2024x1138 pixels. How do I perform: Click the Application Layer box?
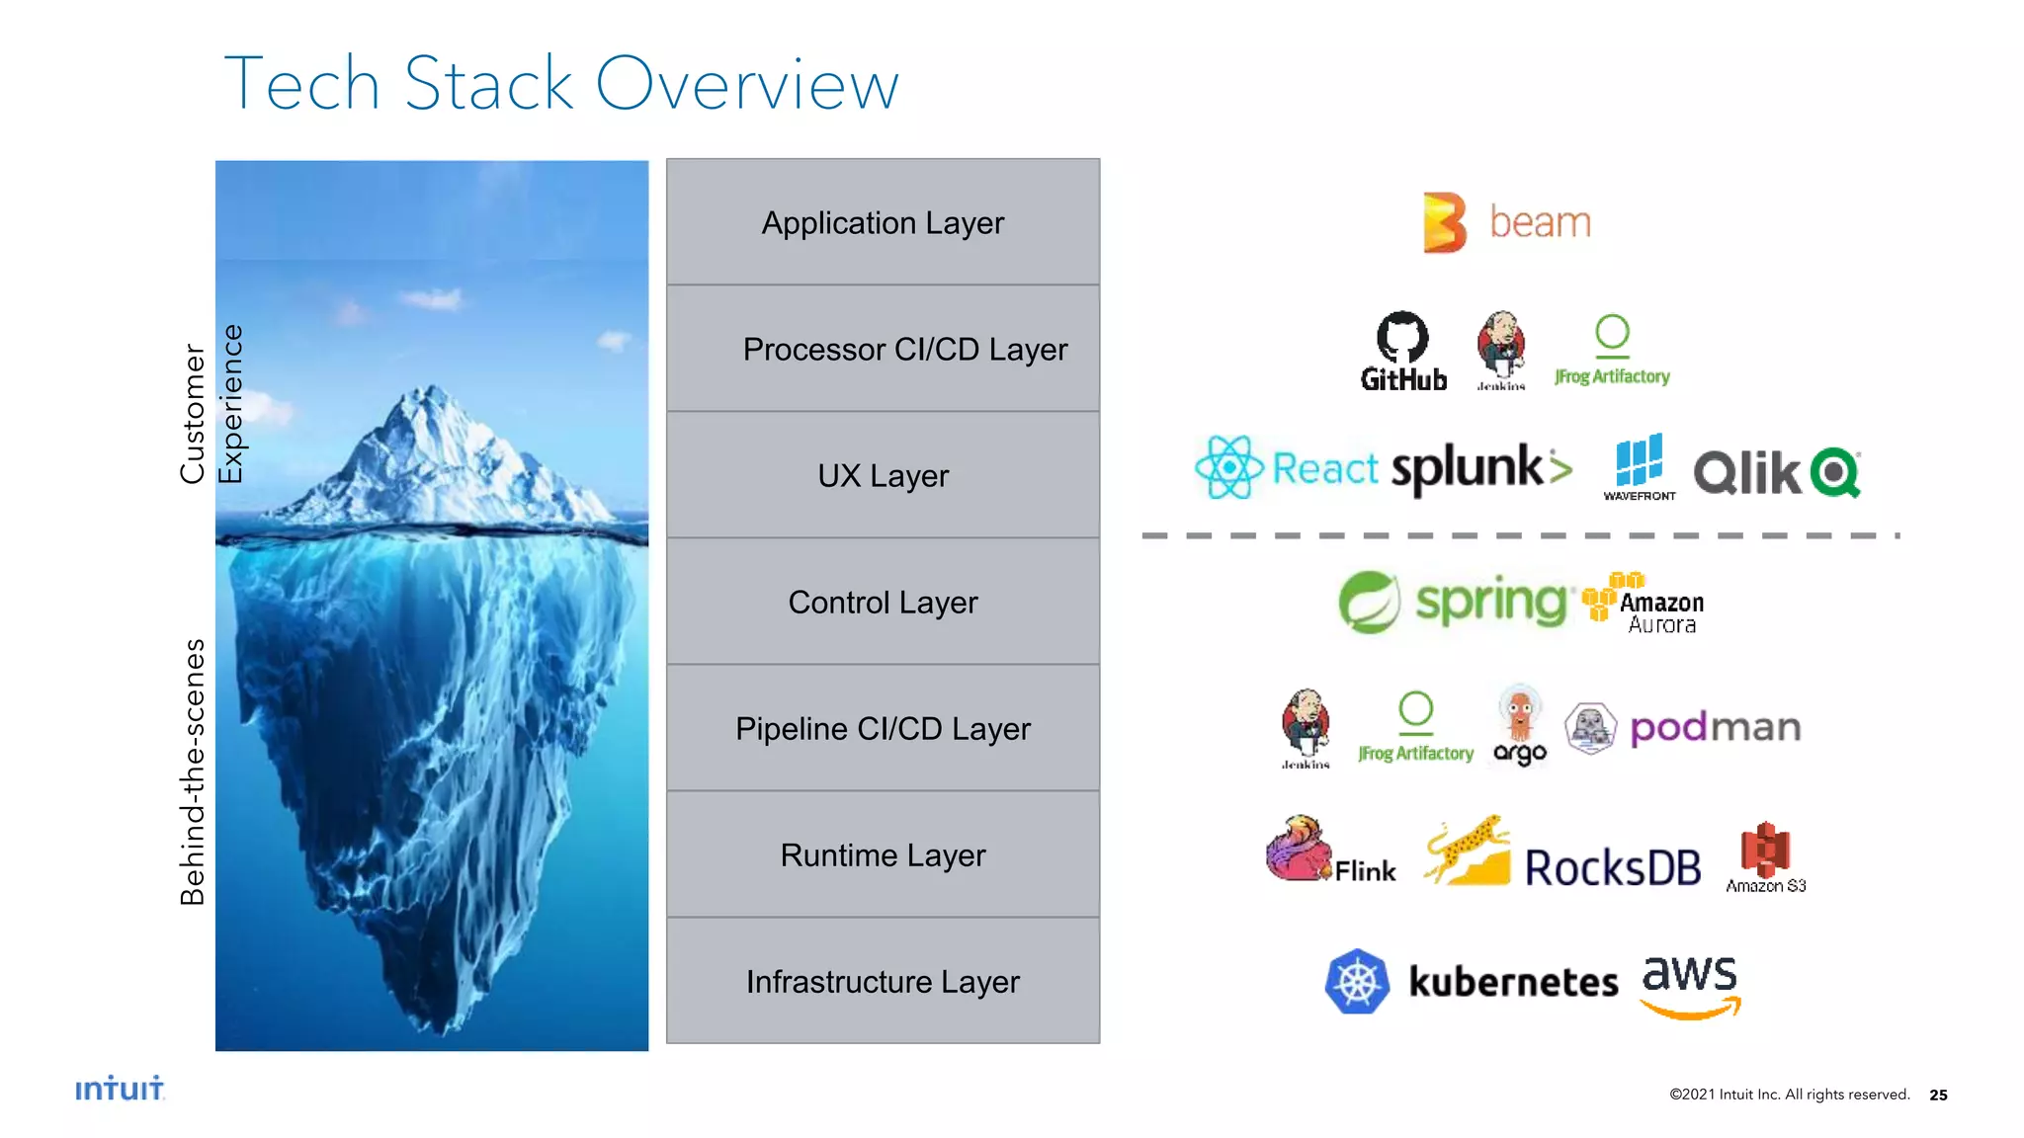click(x=883, y=222)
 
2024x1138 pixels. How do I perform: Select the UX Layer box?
click(x=883, y=475)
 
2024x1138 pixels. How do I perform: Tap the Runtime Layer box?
click(x=883, y=854)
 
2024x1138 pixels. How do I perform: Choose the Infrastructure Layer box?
click(x=883, y=981)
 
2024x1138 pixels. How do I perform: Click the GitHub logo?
click(x=1403, y=352)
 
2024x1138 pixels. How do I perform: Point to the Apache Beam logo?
click(x=1506, y=222)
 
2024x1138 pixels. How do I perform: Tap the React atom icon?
click(x=1228, y=467)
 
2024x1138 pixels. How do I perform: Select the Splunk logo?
click(x=1480, y=468)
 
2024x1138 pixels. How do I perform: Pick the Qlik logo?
click(x=1777, y=472)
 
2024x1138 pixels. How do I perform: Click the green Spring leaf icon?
click(x=1369, y=602)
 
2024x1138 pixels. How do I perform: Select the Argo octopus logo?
click(x=1520, y=725)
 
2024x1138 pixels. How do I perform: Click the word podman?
click(x=1715, y=728)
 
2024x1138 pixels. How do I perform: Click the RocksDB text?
click(x=1612, y=868)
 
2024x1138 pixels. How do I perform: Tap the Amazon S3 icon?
click(x=1765, y=850)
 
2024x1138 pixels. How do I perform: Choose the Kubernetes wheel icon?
click(x=1357, y=981)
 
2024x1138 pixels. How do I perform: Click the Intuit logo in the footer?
click(x=120, y=1088)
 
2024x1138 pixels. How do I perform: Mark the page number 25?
click(x=1938, y=1095)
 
